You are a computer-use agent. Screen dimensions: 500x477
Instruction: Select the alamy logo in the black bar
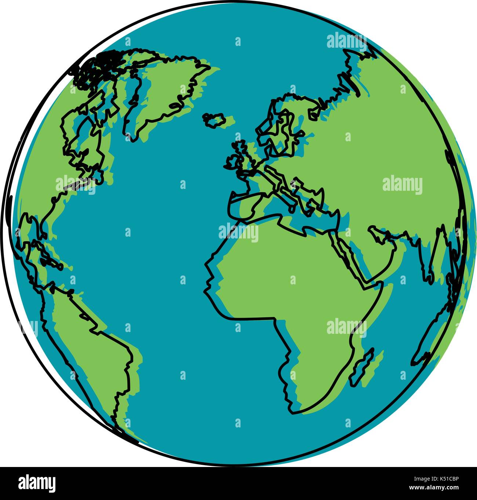tap(37, 483)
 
